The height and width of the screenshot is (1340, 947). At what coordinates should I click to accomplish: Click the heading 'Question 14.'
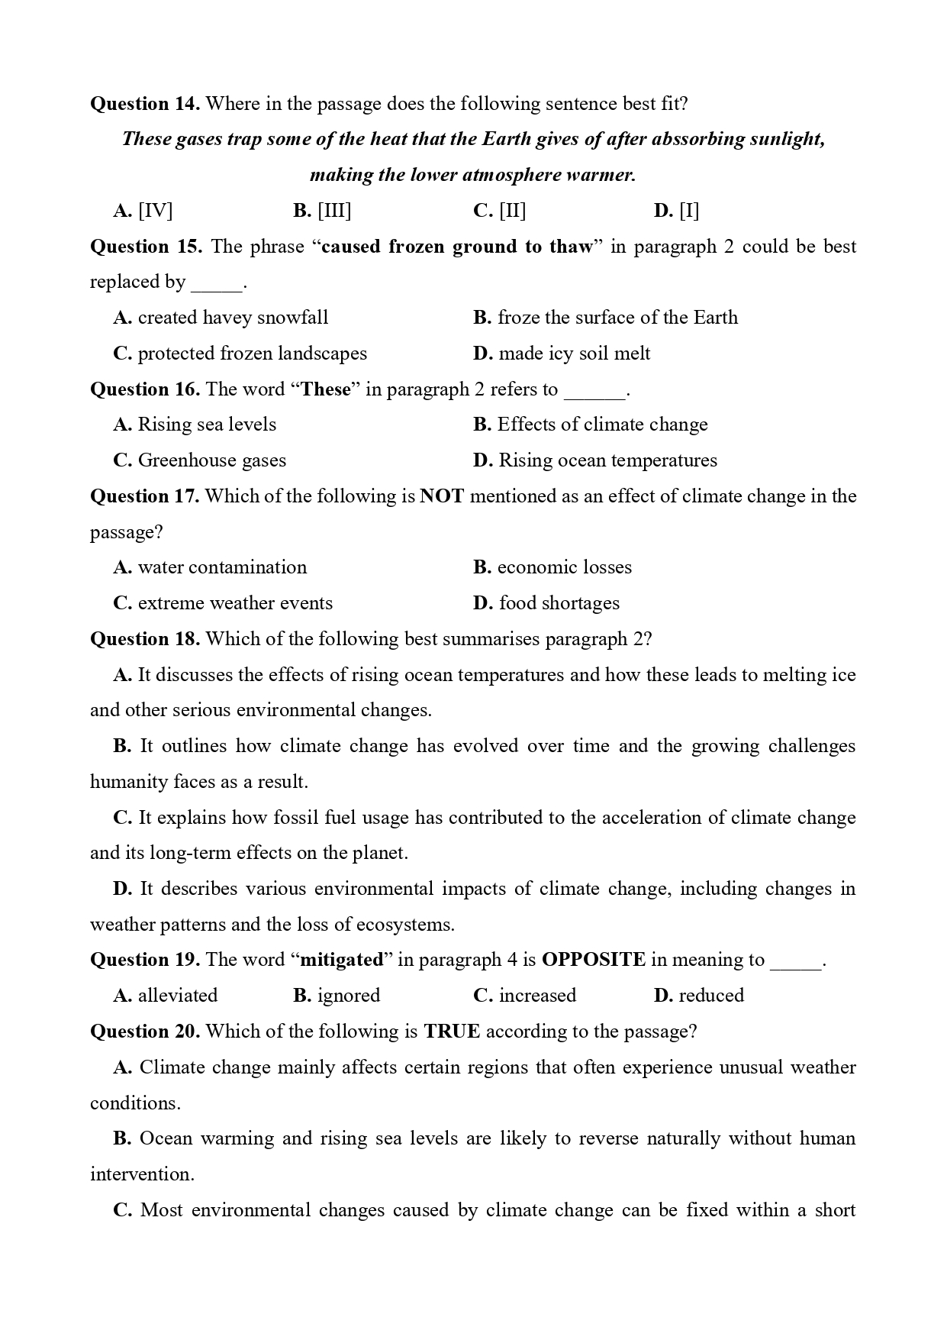[145, 104]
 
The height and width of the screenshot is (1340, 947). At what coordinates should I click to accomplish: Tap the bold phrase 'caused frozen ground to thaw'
[456, 247]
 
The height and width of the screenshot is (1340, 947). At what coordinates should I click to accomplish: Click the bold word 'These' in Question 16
[326, 389]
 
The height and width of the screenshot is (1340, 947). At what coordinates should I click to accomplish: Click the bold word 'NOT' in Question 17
[442, 496]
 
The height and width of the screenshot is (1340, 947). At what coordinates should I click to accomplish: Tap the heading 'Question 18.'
[145, 639]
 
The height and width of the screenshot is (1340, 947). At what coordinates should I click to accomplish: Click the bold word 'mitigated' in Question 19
[342, 960]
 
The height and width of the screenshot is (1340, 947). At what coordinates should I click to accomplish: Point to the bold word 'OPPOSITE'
[593, 960]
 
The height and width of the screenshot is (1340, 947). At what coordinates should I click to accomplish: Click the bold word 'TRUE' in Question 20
[452, 1032]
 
